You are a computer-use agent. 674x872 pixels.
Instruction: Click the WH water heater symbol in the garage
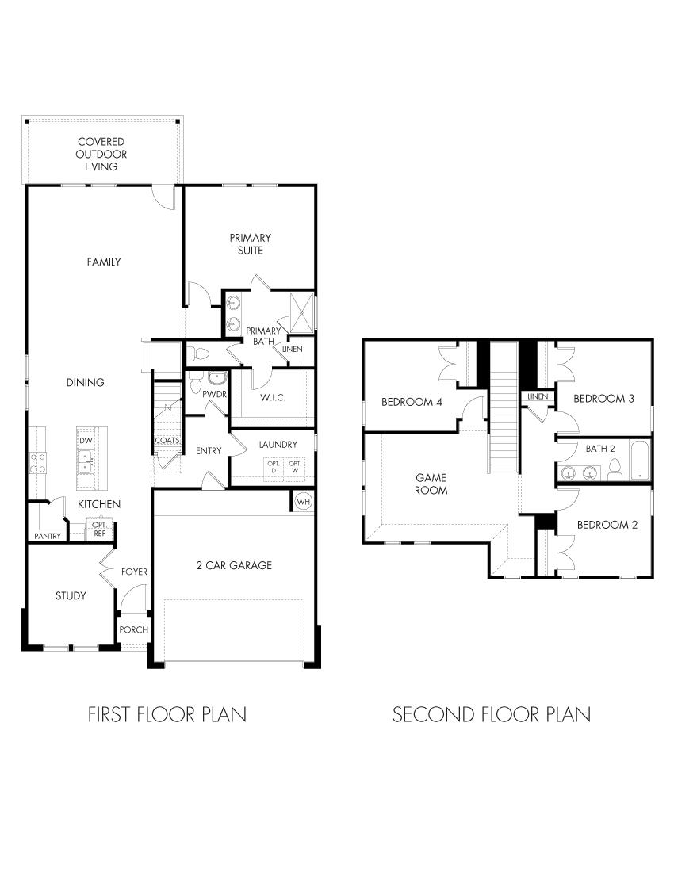303,501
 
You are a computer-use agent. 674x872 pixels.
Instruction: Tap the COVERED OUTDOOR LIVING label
101,155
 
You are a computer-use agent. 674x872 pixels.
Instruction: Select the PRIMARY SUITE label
250,243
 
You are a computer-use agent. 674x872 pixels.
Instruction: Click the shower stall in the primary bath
301,312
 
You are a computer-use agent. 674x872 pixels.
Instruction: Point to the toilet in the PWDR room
196,384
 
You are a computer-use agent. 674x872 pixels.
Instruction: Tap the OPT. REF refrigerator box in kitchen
100,529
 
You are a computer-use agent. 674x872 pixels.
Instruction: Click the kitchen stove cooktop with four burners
36,462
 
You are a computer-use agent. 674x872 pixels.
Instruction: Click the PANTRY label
47,537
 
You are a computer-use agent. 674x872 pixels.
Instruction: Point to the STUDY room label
71,595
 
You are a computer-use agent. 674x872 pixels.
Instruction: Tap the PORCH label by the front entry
133,630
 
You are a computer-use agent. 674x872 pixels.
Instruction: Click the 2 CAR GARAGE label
234,565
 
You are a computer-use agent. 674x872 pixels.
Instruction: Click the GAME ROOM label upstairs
431,484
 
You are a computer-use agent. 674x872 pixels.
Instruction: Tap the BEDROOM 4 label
412,402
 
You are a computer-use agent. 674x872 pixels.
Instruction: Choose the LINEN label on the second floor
537,396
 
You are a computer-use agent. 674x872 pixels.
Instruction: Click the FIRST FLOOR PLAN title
167,714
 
